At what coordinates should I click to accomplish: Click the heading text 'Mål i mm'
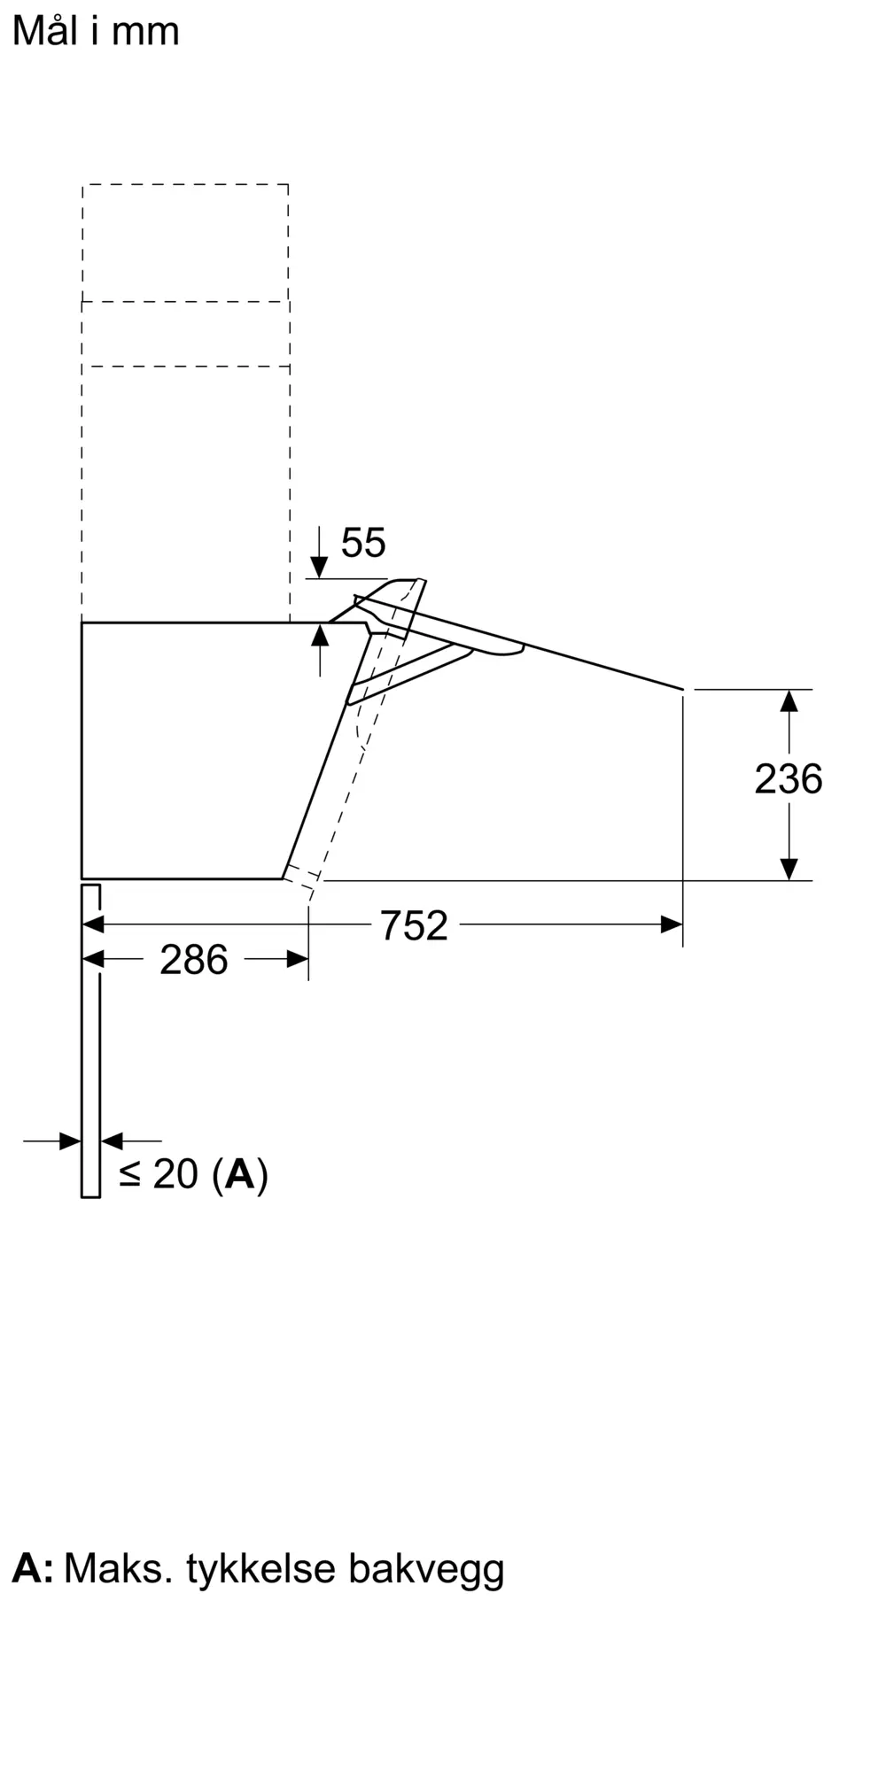click(x=96, y=32)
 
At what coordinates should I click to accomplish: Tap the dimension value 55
click(x=363, y=543)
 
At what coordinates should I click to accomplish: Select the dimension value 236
click(x=788, y=779)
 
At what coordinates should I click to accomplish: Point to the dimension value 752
click(x=414, y=926)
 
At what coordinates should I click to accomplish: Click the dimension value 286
click(x=193, y=960)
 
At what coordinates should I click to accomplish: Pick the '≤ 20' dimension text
click(x=159, y=1174)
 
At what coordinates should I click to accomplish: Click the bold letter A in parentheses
click(x=240, y=1174)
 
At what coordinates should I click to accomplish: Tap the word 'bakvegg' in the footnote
click(x=426, y=1569)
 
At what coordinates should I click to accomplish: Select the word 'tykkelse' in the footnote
click(x=261, y=1569)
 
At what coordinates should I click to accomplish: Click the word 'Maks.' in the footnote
click(x=118, y=1569)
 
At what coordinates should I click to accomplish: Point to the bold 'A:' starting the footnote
click(x=32, y=1569)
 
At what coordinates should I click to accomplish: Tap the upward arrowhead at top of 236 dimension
click(x=789, y=700)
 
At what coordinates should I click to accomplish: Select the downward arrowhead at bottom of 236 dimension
click(x=789, y=869)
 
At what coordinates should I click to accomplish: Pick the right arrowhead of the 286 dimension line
click(x=298, y=959)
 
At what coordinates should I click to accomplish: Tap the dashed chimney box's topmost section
click(x=185, y=243)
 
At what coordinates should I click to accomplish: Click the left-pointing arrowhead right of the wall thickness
click(x=113, y=1141)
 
